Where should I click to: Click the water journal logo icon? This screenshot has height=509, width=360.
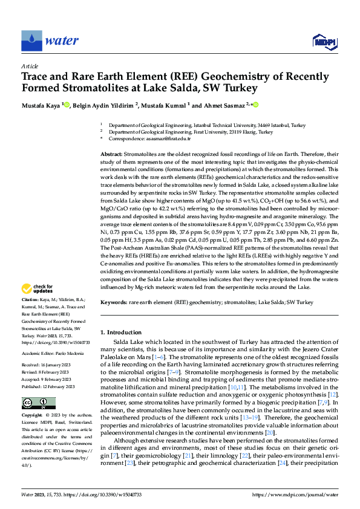coord(31,41)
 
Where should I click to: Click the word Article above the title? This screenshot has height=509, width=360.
coord(30,66)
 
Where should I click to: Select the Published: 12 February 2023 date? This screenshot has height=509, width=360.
coord(50,386)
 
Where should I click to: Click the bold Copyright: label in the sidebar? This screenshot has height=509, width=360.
coord(34,415)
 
